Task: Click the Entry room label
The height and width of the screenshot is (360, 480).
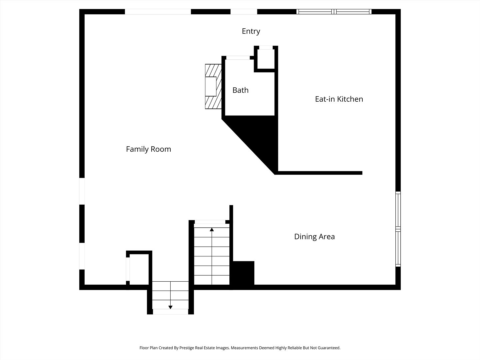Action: (251, 31)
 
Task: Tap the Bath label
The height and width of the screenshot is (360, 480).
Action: (240, 90)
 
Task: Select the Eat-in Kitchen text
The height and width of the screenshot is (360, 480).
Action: (339, 99)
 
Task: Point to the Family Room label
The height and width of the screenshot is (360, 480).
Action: (148, 149)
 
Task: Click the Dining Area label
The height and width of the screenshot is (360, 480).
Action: (314, 237)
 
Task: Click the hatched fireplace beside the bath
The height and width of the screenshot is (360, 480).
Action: (213, 86)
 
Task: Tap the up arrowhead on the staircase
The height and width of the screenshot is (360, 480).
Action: (212, 230)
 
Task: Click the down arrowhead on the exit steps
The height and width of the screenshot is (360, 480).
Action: (170, 307)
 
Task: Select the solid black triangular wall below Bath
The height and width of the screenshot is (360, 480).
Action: (258, 138)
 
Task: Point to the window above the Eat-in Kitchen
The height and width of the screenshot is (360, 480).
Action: (334, 12)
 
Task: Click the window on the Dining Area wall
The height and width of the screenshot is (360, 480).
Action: (398, 229)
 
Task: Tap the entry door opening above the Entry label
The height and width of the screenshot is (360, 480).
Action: (244, 12)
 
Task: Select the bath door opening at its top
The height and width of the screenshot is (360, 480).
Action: (238, 58)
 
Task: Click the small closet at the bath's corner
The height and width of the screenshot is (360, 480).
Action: (266, 59)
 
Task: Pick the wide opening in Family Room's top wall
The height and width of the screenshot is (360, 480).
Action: (158, 12)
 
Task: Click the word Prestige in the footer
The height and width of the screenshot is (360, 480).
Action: (187, 348)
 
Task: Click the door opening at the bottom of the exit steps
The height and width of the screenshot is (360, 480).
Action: (170, 312)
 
